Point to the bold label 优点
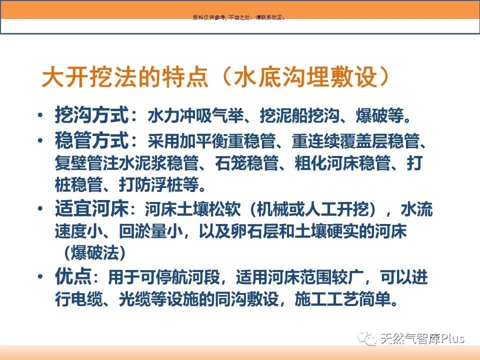pyautogui.click(x=73, y=276)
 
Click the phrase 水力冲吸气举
pyautogui.click(x=196, y=115)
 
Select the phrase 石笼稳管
pyautogui.click(x=246, y=163)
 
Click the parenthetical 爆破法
pyautogui.click(x=95, y=253)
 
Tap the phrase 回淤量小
pyautogui.click(x=151, y=231)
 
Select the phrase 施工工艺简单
pyautogui.click(x=343, y=299)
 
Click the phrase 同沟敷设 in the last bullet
pyautogui.click(x=246, y=299)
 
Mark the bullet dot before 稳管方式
pyautogui.click(x=40, y=140)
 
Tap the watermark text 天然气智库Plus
pyautogui.click(x=422, y=338)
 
